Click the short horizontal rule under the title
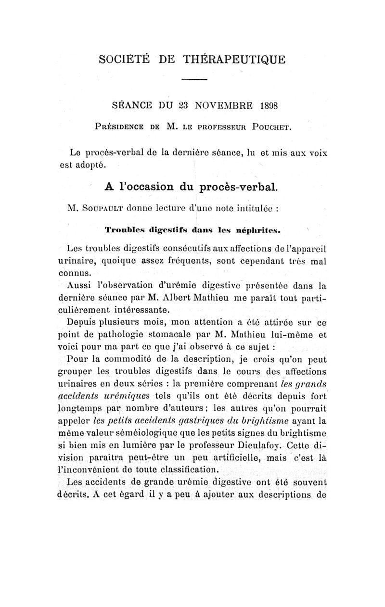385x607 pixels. pyautogui.click(x=194, y=79)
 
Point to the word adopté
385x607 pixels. pyautogui.click(x=92, y=165)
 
